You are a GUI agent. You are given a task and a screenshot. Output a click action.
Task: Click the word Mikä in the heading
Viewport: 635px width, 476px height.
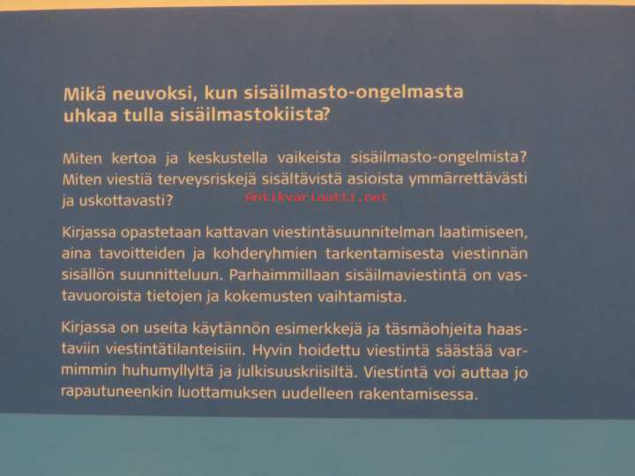coord(85,94)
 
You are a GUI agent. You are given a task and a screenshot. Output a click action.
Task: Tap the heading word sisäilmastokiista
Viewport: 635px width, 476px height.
coord(250,115)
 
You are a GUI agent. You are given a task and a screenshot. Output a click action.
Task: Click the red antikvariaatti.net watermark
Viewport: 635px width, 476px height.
coord(317,197)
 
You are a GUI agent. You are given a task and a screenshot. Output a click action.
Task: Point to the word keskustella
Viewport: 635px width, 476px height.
coord(228,158)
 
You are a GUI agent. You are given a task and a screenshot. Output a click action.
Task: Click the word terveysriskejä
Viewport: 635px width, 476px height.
coord(207,179)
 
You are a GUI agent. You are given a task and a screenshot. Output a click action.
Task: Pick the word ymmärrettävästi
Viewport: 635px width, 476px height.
coord(468,179)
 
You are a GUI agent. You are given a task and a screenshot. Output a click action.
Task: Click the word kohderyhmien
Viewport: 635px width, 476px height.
coord(265,254)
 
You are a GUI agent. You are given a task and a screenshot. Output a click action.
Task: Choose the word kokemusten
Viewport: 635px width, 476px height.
coord(268,297)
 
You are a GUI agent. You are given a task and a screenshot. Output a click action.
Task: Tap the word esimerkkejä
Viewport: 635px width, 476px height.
coord(318,329)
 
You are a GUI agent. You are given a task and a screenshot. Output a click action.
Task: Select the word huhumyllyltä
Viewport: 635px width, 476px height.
coord(168,371)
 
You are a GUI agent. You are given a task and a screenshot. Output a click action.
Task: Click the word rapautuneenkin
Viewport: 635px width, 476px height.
coord(116,392)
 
